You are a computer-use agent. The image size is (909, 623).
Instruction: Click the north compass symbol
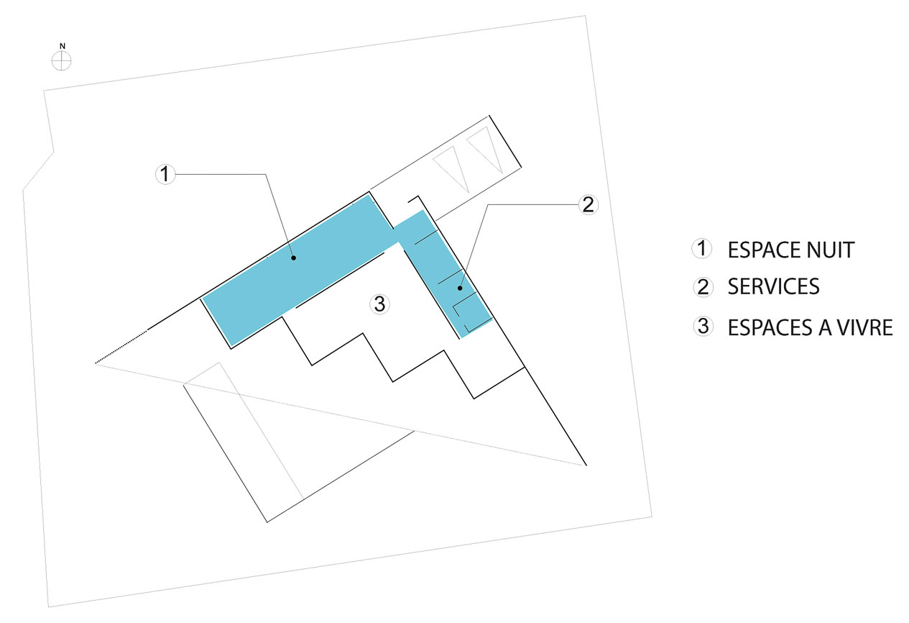61,61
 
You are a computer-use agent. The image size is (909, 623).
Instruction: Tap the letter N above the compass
63,46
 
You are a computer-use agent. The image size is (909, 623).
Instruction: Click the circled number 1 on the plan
165,174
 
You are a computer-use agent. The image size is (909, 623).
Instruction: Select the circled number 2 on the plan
588,204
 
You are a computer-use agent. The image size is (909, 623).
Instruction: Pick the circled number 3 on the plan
379,304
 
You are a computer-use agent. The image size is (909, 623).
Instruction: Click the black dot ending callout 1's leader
293,258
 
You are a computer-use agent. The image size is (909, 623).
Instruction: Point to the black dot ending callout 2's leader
460,288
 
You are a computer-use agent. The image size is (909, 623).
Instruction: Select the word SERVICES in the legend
773,286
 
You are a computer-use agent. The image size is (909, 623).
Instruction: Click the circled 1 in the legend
702,249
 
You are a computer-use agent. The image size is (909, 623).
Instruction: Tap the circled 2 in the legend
703,287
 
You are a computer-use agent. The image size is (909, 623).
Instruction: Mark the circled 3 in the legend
703,327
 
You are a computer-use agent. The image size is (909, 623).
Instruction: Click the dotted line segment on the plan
121,347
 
